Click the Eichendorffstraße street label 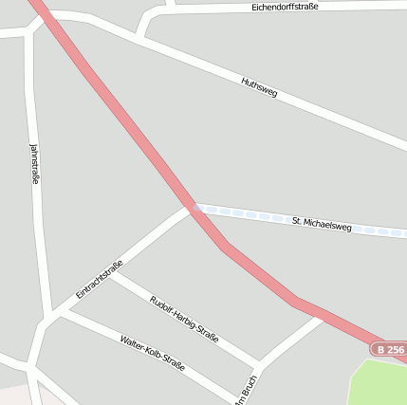(x=285, y=7)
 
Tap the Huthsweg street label (x=259, y=87)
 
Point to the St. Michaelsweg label (x=322, y=224)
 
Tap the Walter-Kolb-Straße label (x=152, y=353)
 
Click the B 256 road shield (x=390, y=350)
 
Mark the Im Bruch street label (x=249, y=387)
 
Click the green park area (x=379, y=384)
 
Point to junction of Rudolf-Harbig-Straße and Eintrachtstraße (x=111, y=274)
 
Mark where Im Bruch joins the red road (x=324, y=316)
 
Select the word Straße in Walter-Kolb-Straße (x=170, y=362)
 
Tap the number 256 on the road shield (x=395, y=350)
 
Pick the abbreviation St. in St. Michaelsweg (x=297, y=221)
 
